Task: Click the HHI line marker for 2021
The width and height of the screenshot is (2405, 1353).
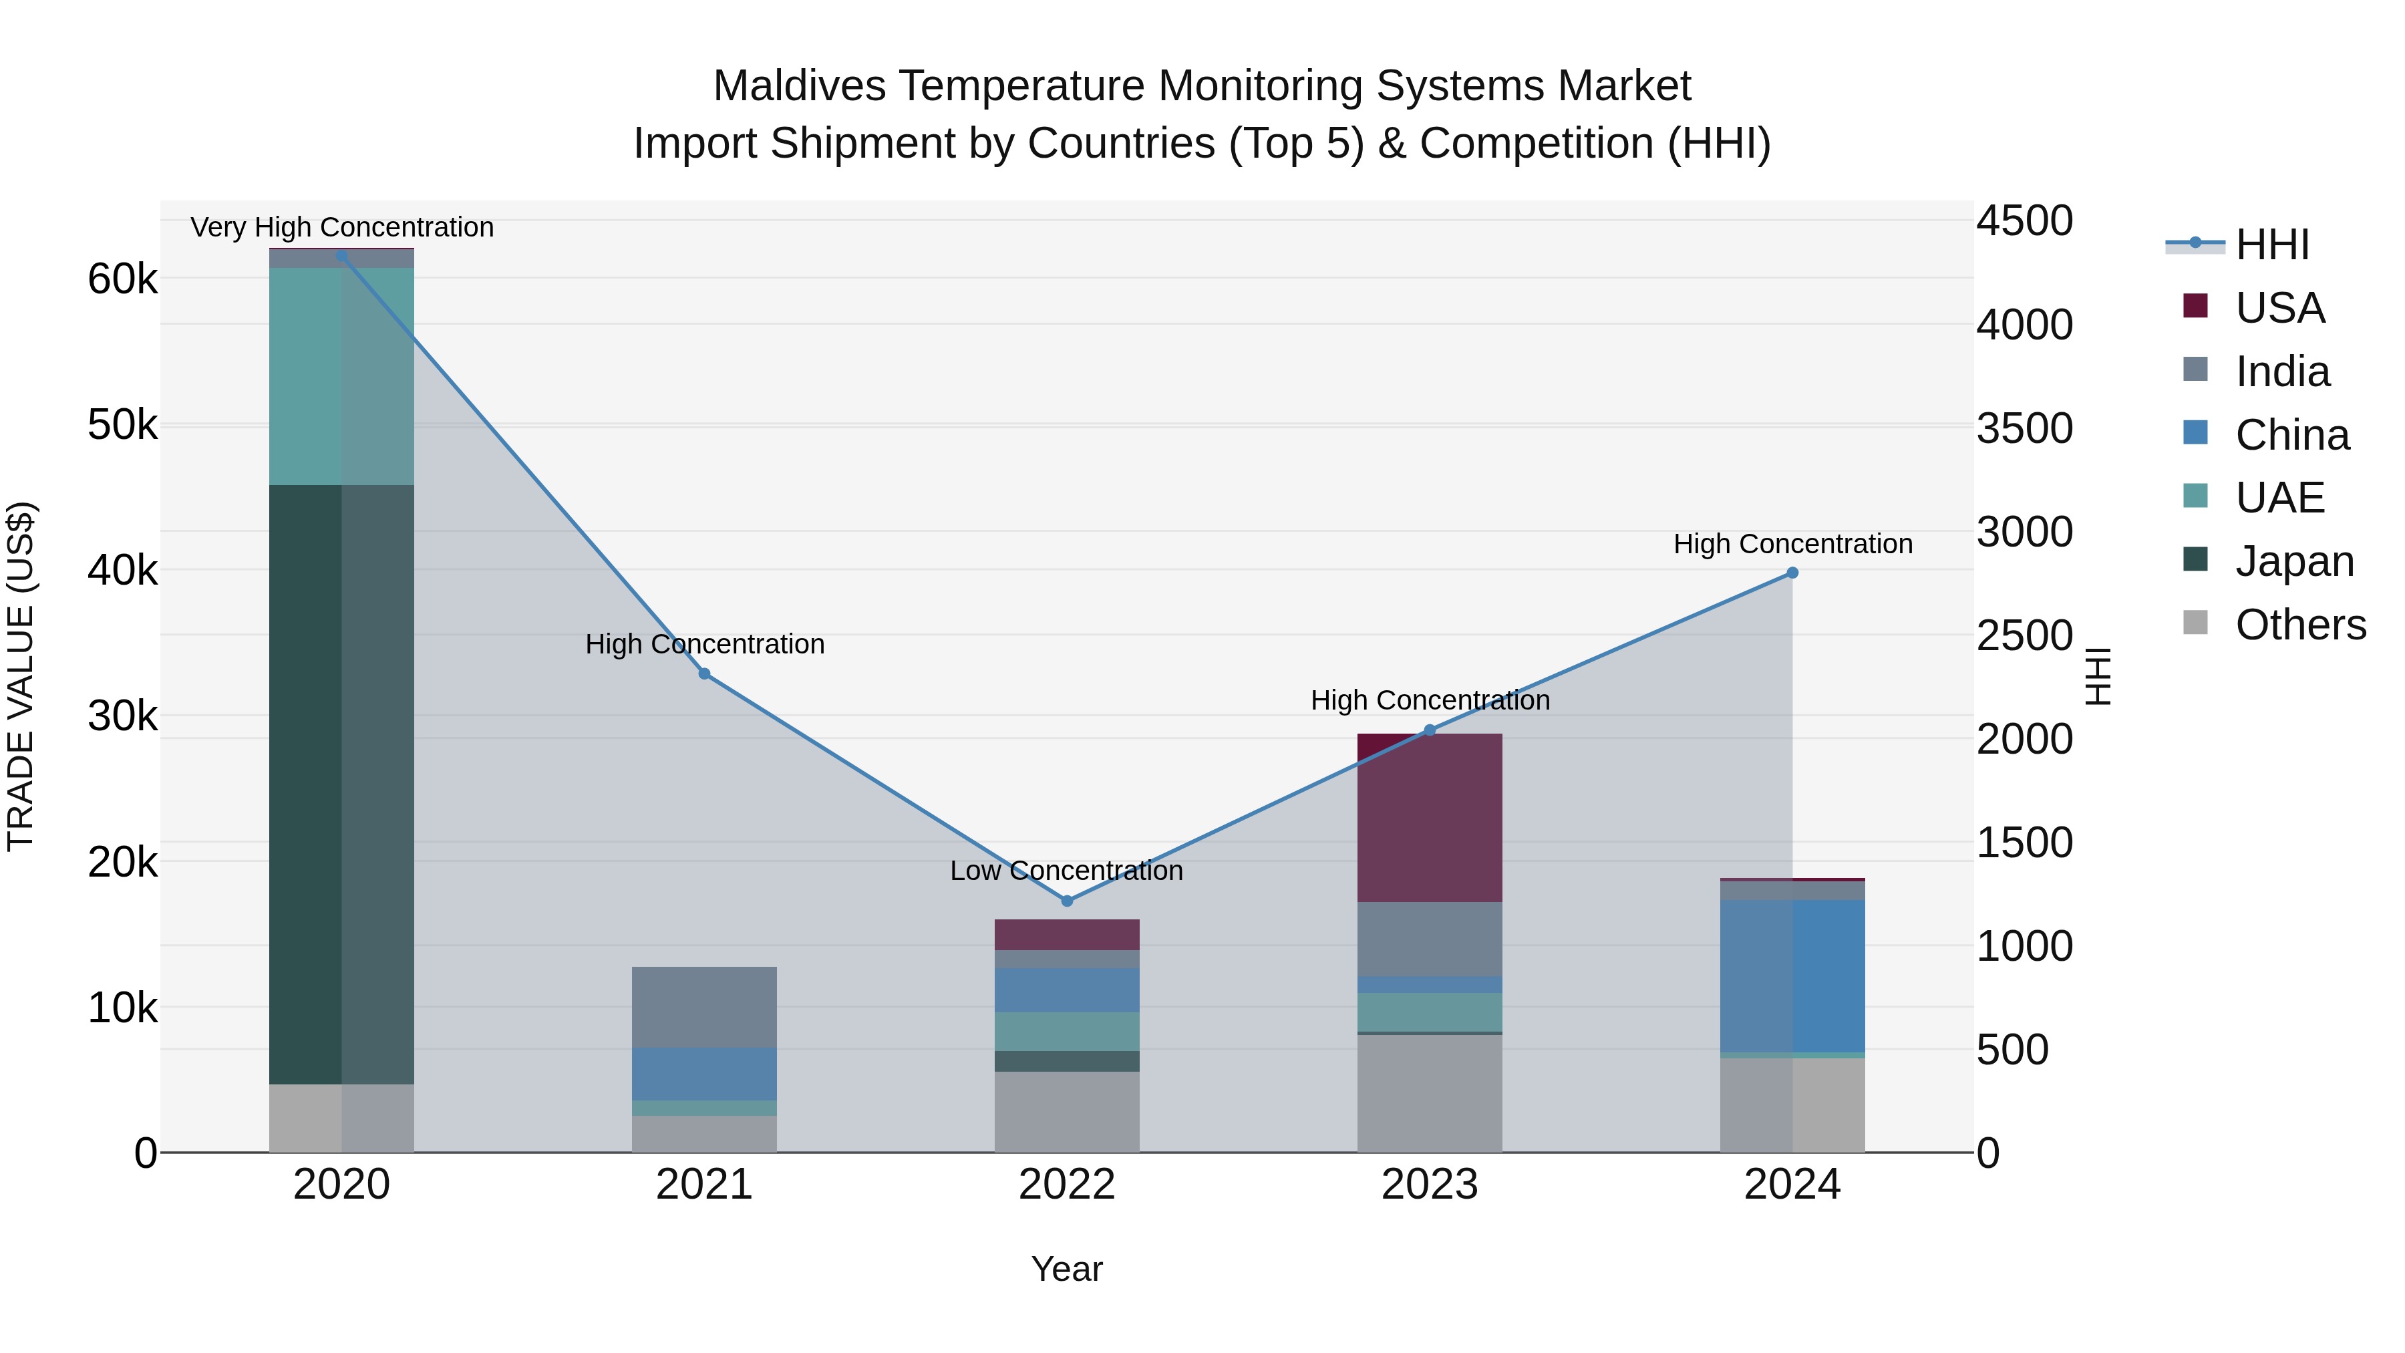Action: pos(704,673)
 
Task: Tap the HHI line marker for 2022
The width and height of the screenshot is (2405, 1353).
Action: pos(1067,901)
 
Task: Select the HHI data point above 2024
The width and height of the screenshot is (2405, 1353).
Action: pos(1792,573)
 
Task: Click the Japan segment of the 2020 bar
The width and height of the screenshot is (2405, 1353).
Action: pos(341,784)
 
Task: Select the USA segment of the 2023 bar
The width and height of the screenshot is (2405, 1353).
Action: pos(1430,817)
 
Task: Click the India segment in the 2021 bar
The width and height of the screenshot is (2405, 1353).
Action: pos(704,1007)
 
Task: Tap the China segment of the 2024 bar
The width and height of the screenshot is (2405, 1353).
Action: pos(1792,975)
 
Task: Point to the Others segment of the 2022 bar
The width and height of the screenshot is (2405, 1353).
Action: pos(1066,1111)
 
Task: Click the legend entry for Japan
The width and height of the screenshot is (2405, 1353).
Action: pos(2294,561)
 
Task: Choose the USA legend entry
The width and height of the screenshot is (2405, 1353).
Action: pos(2279,308)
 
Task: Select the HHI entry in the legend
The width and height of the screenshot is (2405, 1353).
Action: pos(2271,245)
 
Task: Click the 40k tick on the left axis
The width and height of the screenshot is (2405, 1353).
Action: pos(123,571)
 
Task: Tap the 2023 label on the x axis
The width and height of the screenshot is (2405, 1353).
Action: pos(1430,1185)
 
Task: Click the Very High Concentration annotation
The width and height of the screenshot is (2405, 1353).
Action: pos(341,227)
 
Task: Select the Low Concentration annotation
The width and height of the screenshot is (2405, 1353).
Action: pos(1066,870)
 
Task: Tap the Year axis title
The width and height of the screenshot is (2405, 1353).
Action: pos(1066,1269)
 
